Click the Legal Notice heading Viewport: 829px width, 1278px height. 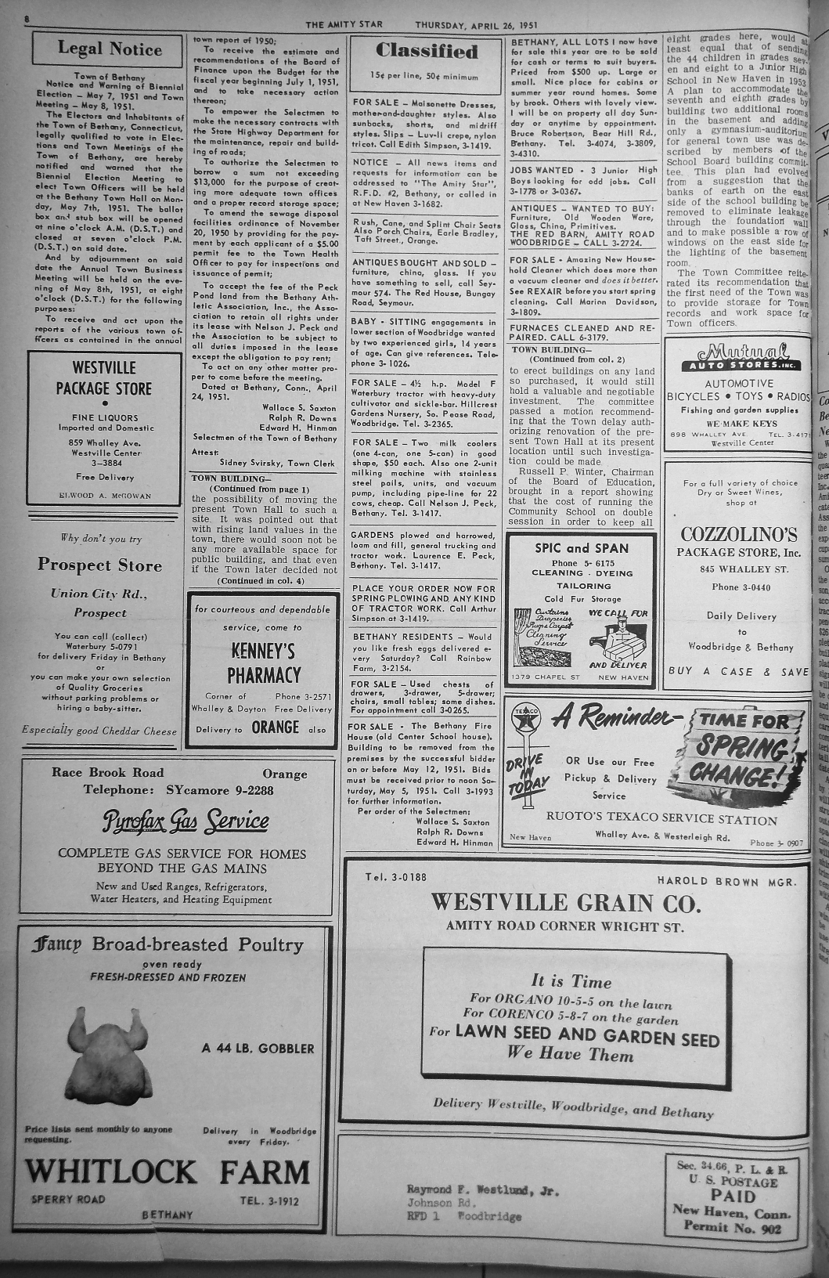pyautogui.click(x=109, y=49)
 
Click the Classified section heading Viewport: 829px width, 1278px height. pyautogui.click(x=426, y=52)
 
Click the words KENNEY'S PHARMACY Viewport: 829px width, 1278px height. pyautogui.click(x=263, y=662)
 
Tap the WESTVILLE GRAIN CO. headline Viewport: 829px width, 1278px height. pyautogui.click(x=566, y=903)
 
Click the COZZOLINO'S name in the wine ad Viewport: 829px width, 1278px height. pyautogui.click(x=738, y=536)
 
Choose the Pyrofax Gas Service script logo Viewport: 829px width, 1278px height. pyautogui.click(x=186, y=821)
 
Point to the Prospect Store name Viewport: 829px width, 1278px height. pyautogui.click(x=99, y=565)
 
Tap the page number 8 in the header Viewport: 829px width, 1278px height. pyautogui.click(x=27, y=17)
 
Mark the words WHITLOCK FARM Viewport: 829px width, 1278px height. pyautogui.click(x=168, y=1171)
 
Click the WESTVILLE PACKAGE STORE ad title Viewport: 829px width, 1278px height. pyautogui.click(x=104, y=377)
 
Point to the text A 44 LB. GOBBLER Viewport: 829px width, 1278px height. pyautogui.click(x=258, y=1049)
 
